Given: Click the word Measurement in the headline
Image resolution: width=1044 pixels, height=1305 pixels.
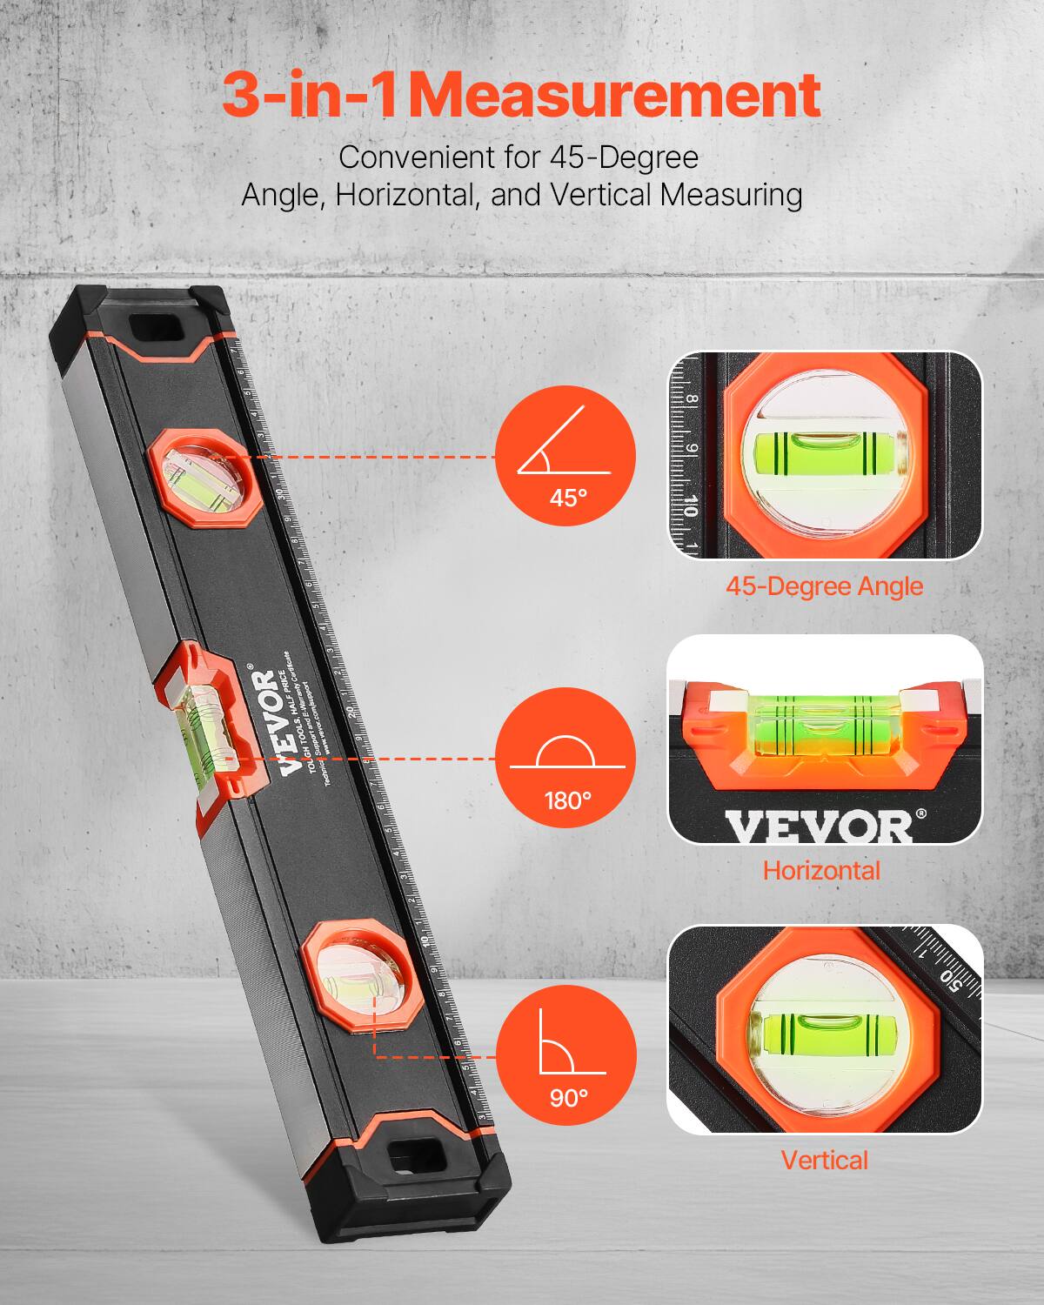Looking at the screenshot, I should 614,96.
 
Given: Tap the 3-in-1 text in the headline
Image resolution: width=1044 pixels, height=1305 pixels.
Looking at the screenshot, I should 310,96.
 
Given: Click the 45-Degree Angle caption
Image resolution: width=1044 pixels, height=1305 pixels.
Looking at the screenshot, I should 824,586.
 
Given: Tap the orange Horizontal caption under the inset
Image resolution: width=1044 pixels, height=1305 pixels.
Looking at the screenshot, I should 821,870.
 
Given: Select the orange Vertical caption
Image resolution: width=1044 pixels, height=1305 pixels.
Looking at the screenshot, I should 824,1160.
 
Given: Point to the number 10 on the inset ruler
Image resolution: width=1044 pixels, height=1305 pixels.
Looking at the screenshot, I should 689,505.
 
